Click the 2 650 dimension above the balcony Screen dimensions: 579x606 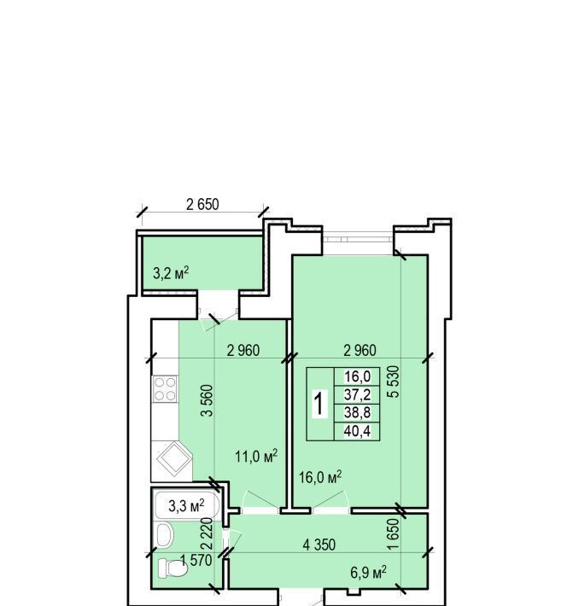202,205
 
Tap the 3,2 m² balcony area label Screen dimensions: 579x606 171,273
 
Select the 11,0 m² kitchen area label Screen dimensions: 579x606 256,457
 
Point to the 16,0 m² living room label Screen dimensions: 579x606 320,477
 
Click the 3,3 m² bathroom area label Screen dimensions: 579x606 186,505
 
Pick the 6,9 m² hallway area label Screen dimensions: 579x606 369,573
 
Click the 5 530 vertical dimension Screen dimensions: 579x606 394,382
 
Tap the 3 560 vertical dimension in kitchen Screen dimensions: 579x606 208,400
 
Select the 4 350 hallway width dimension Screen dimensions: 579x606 319,545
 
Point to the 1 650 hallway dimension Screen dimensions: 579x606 393,534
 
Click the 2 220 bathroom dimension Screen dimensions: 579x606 208,533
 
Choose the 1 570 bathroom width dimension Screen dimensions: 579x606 196,560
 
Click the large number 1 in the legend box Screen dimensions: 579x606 319,404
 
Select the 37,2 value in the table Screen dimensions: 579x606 357,394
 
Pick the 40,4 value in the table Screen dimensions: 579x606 357,431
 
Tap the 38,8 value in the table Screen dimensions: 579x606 357,413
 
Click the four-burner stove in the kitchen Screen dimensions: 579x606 165,389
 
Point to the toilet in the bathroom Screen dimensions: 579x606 173,568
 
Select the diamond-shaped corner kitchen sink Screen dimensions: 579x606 174,459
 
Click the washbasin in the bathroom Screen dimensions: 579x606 164,535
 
